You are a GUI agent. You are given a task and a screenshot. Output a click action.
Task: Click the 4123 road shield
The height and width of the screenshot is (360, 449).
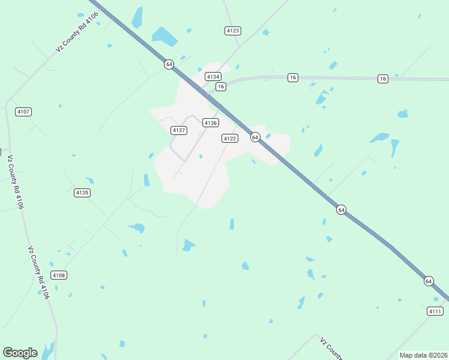(233, 30)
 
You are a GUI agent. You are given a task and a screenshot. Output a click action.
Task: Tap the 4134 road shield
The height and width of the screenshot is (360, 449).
(213, 76)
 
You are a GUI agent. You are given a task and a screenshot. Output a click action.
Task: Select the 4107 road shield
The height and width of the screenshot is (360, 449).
(23, 112)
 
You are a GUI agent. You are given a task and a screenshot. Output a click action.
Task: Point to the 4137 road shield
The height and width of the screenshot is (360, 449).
(178, 130)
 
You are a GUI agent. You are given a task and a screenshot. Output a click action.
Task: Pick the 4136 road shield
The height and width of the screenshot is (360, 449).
(210, 122)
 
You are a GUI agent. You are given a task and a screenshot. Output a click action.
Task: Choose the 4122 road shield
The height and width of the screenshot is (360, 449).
(230, 139)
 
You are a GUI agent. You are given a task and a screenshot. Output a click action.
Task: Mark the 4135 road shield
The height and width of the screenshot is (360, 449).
(82, 193)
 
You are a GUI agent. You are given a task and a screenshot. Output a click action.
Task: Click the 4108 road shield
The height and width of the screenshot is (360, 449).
(59, 275)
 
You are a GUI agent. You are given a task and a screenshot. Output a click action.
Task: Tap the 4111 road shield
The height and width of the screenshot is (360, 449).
(435, 311)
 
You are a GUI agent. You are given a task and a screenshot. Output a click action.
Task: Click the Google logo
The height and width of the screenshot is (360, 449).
(20, 353)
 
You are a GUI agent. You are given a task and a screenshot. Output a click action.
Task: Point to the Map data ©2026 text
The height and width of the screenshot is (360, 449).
(423, 355)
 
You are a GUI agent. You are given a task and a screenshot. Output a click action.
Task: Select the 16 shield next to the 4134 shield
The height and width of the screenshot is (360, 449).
(221, 86)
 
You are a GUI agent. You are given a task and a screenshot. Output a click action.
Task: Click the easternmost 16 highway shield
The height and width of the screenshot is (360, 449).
(383, 79)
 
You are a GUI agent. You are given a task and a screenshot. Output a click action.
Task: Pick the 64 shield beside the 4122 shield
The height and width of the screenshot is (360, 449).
(255, 137)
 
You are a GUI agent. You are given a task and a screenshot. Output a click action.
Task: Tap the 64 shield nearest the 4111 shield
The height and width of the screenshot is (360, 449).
(428, 281)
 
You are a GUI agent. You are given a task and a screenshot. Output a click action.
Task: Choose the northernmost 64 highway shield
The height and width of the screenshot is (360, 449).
(169, 64)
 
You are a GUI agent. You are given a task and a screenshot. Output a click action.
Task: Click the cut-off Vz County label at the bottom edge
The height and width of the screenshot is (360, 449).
(331, 349)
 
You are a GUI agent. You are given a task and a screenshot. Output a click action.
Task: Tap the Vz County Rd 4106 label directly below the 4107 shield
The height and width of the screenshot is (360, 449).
(16, 182)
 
